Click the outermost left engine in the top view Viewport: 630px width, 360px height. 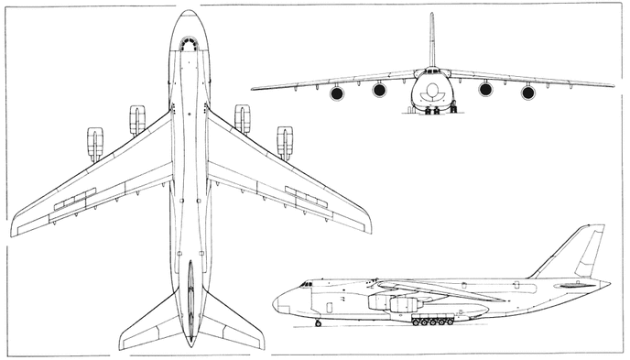click(94, 143)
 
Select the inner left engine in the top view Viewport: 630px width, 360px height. click(137, 119)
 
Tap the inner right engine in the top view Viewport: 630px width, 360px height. click(242, 119)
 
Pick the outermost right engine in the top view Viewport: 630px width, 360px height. click(285, 143)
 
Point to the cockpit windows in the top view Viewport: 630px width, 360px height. click(190, 43)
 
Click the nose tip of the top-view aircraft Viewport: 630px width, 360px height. click(190, 11)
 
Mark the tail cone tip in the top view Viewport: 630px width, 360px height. click(190, 344)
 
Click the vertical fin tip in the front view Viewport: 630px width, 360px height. click(431, 15)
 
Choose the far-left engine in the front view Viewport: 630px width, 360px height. click(337, 93)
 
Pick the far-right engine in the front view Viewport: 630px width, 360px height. click(528, 93)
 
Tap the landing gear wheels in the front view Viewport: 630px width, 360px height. click(432, 110)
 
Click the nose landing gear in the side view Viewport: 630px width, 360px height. click(318, 322)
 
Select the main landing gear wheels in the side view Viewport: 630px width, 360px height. click(433, 322)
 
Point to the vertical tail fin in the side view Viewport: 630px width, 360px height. click(579, 251)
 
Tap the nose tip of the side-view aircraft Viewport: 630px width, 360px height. click(274, 303)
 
